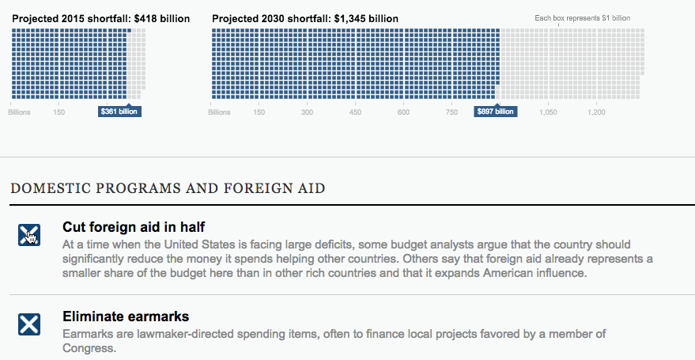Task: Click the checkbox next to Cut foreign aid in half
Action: point(29,234)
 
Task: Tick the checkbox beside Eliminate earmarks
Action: point(29,324)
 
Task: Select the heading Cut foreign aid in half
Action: point(134,227)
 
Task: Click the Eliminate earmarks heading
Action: point(126,317)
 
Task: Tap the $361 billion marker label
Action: point(119,112)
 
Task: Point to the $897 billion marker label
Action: point(496,112)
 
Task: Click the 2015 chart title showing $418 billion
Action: point(100,18)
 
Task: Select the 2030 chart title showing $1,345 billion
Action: point(305,18)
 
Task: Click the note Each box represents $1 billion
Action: point(582,18)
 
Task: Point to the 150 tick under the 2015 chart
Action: point(59,112)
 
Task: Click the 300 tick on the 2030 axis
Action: point(307,112)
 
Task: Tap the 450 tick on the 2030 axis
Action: point(355,112)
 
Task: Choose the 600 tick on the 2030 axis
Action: point(403,112)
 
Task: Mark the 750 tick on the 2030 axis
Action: point(451,112)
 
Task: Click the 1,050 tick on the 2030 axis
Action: point(548,112)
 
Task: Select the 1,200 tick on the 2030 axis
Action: point(596,112)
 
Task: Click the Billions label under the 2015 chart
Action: point(20,112)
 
